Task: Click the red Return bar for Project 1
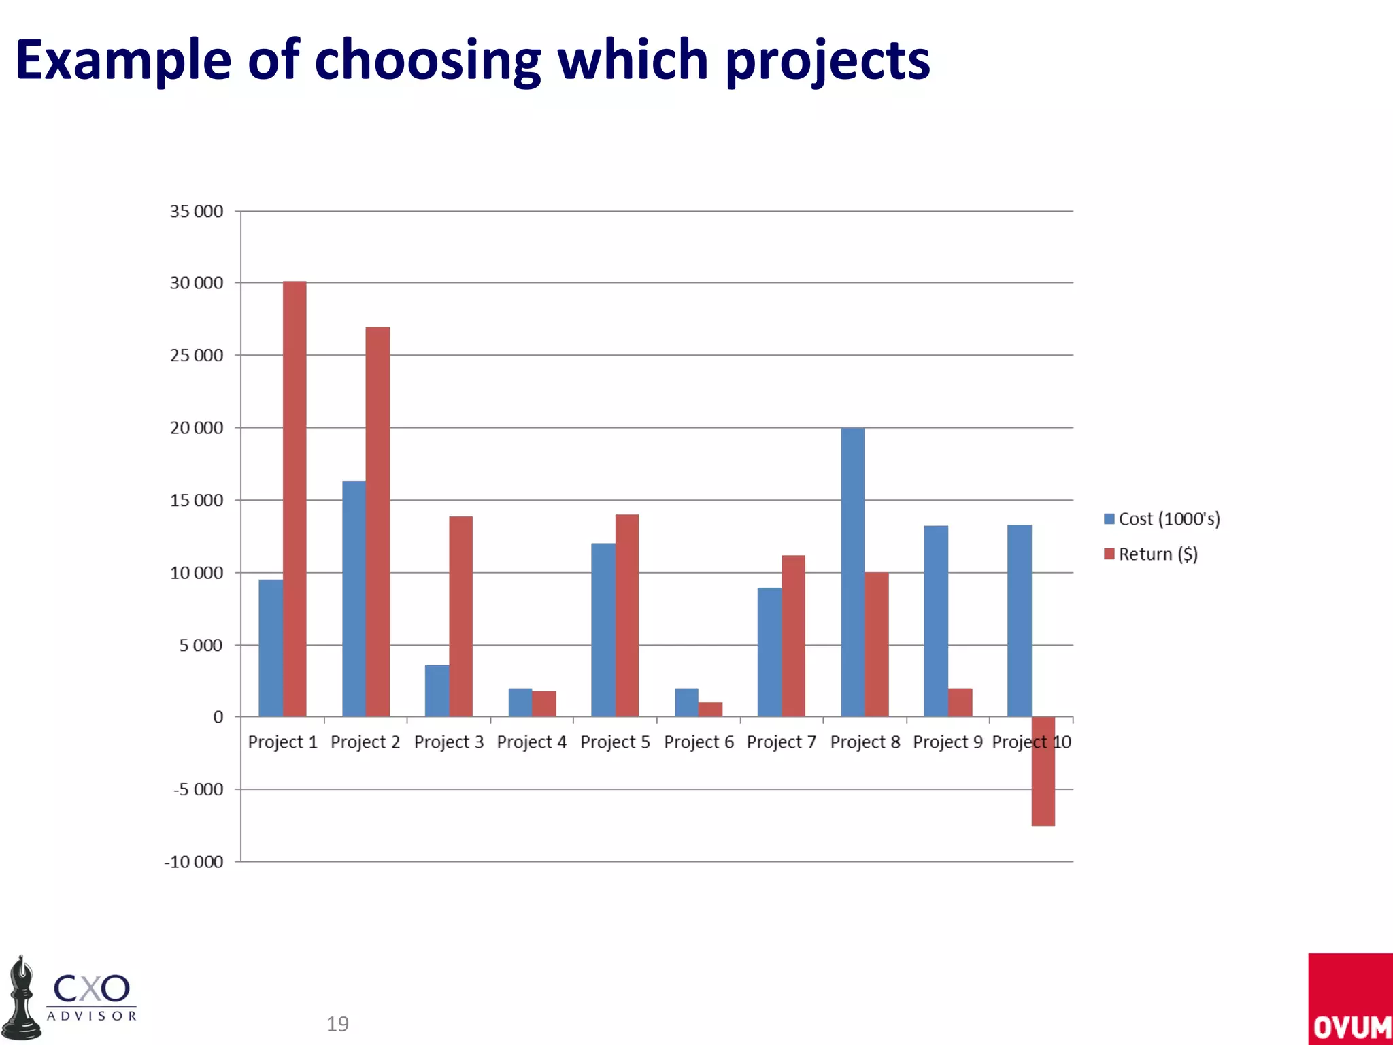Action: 295,499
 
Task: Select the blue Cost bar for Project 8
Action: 852,571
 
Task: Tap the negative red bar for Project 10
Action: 1043,771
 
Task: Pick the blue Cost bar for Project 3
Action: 437,691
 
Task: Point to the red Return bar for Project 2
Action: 377,521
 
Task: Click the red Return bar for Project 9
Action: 960,702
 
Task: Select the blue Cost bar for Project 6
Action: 686,702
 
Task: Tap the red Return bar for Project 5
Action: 627,615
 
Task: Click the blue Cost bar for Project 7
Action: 769,652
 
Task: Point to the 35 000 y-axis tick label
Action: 196,212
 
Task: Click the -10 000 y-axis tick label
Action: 193,862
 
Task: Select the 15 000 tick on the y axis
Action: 196,501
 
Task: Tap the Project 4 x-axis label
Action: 531,742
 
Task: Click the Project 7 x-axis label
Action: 781,742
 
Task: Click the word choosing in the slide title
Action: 427,61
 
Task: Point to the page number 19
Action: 337,1024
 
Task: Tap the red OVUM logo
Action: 1350,999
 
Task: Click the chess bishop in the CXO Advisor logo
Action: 22,999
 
